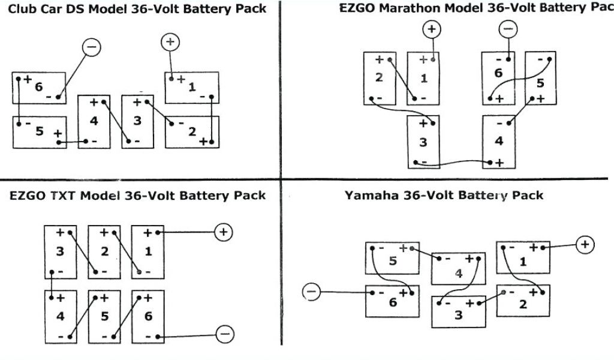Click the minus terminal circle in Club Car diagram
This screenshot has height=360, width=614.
(x=91, y=47)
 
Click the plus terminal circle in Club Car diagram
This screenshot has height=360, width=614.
(x=170, y=42)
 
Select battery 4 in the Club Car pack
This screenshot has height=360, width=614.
(x=94, y=121)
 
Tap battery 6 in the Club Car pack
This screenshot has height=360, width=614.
(x=40, y=88)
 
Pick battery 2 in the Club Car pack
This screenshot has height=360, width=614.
(x=192, y=131)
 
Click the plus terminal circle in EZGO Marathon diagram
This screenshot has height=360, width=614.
(x=432, y=29)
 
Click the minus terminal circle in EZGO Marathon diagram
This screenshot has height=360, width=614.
(x=508, y=29)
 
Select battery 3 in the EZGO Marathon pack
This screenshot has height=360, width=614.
(x=423, y=142)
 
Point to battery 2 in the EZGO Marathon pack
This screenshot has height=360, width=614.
(x=380, y=79)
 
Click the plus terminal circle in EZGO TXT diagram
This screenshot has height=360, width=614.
(x=224, y=232)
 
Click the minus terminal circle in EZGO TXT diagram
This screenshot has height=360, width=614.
(x=225, y=335)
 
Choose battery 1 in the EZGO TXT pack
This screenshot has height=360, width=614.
(x=148, y=251)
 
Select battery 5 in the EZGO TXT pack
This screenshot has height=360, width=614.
(x=104, y=316)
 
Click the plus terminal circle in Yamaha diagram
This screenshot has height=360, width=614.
(x=585, y=244)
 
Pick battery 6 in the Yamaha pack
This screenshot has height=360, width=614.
(x=393, y=302)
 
